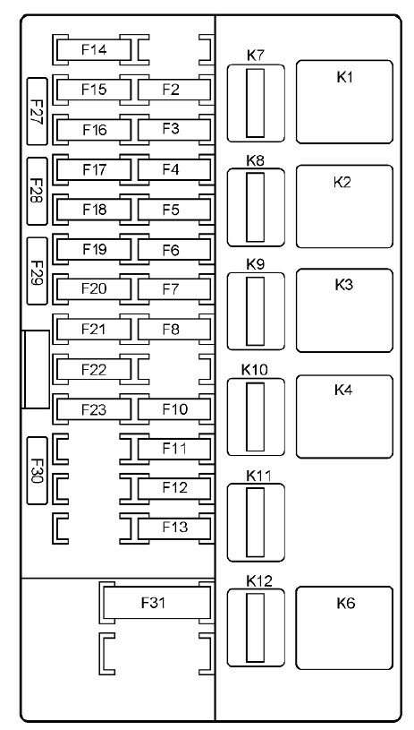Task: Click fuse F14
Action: click(x=94, y=50)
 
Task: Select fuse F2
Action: click(x=174, y=90)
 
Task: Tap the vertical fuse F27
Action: click(x=38, y=111)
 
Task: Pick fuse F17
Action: click(x=94, y=169)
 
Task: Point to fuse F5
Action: click(x=174, y=210)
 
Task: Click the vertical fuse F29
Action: click(x=38, y=271)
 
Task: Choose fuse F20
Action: click(x=94, y=289)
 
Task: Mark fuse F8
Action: click(x=174, y=329)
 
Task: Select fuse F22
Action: click(x=94, y=369)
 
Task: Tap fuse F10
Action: click(x=174, y=409)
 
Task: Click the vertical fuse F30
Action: click(x=38, y=470)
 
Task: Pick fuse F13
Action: click(x=174, y=528)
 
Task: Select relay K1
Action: click(x=344, y=101)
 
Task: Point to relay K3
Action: click(x=344, y=310)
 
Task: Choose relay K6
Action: click(x=344, y=628)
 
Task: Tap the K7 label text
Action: click(x=255, y=56)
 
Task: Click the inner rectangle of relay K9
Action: click(x=255, y=311)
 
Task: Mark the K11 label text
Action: click(x=255, y=476)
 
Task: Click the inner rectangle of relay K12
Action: click(x=255, y=628)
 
